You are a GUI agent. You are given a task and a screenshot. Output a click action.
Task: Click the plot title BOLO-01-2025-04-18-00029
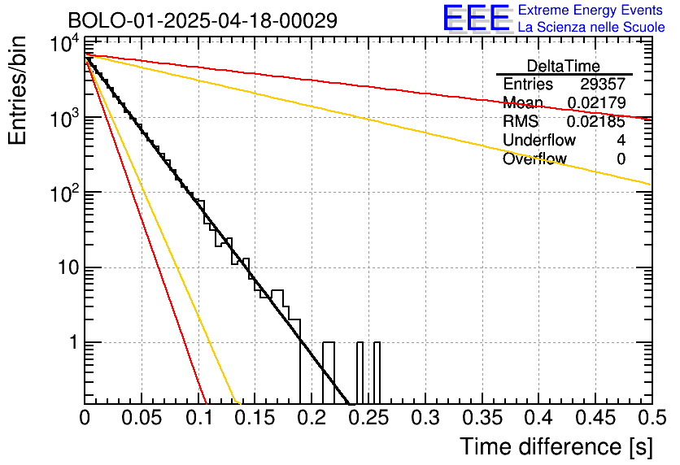click(x=203, y=20)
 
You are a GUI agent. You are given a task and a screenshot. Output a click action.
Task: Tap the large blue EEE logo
click(x=476, y=18)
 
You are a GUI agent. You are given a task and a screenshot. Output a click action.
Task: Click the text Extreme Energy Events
click(x=591, y=11)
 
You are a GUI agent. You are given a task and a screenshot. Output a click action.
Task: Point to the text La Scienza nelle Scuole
click(x=591, y=28)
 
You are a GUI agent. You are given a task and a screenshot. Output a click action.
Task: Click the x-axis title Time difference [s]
click(x=555, y=446)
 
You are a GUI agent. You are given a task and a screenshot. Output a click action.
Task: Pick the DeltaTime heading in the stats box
click(x=563, y=66)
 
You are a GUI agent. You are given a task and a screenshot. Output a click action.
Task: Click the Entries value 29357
click(x=602, y=85)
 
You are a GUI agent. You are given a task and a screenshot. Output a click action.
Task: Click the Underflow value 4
click(x=621, y=141)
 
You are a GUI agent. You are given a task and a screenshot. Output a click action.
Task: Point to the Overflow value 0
click(x=621, y=159)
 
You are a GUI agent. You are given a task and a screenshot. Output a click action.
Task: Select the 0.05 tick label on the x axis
click(x=142, y=419)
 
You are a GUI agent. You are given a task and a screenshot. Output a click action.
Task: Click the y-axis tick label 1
click(x=72, y=342)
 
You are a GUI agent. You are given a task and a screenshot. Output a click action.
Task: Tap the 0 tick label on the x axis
click(x=85, y=419)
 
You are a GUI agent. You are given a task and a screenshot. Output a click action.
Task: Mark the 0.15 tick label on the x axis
click(x=255, y=419)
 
